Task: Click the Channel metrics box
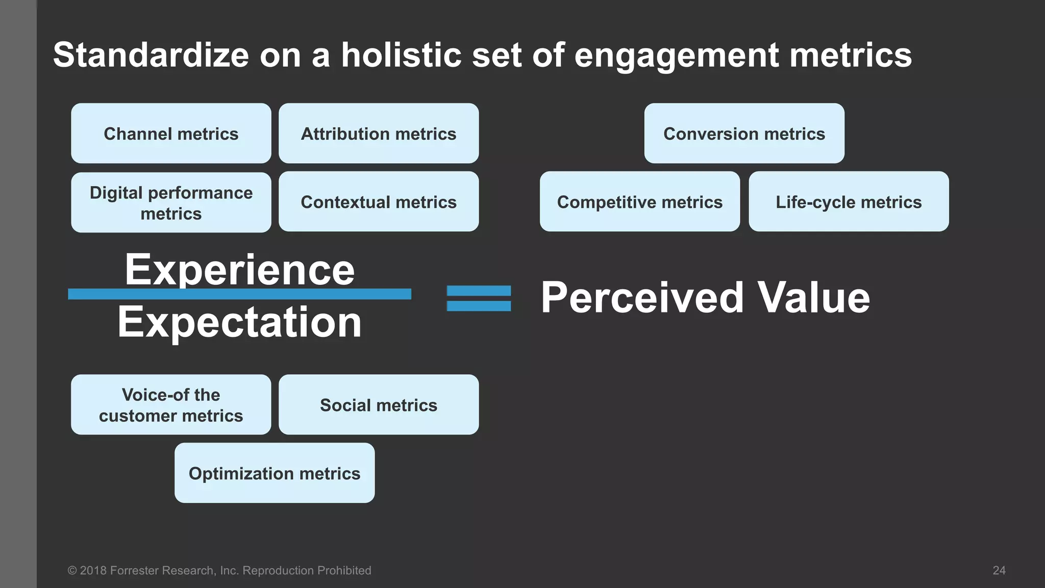point(171,133)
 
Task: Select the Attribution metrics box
point(379,133)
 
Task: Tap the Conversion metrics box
point(744,133)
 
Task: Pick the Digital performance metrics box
point(171,202)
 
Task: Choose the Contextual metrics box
point(379,202)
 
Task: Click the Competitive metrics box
point(640,202)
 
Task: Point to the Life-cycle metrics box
point(849,202)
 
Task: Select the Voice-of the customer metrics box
point(171,405)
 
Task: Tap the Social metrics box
point(379,405)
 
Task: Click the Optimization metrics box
point(275,473)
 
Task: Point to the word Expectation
point(239,322)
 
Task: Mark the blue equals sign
point(479,298)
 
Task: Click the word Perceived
point(642,298)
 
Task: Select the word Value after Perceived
point(813,298)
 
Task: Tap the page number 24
point(999,571)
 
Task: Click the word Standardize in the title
point(151,55)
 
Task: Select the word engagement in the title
point(677,56)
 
